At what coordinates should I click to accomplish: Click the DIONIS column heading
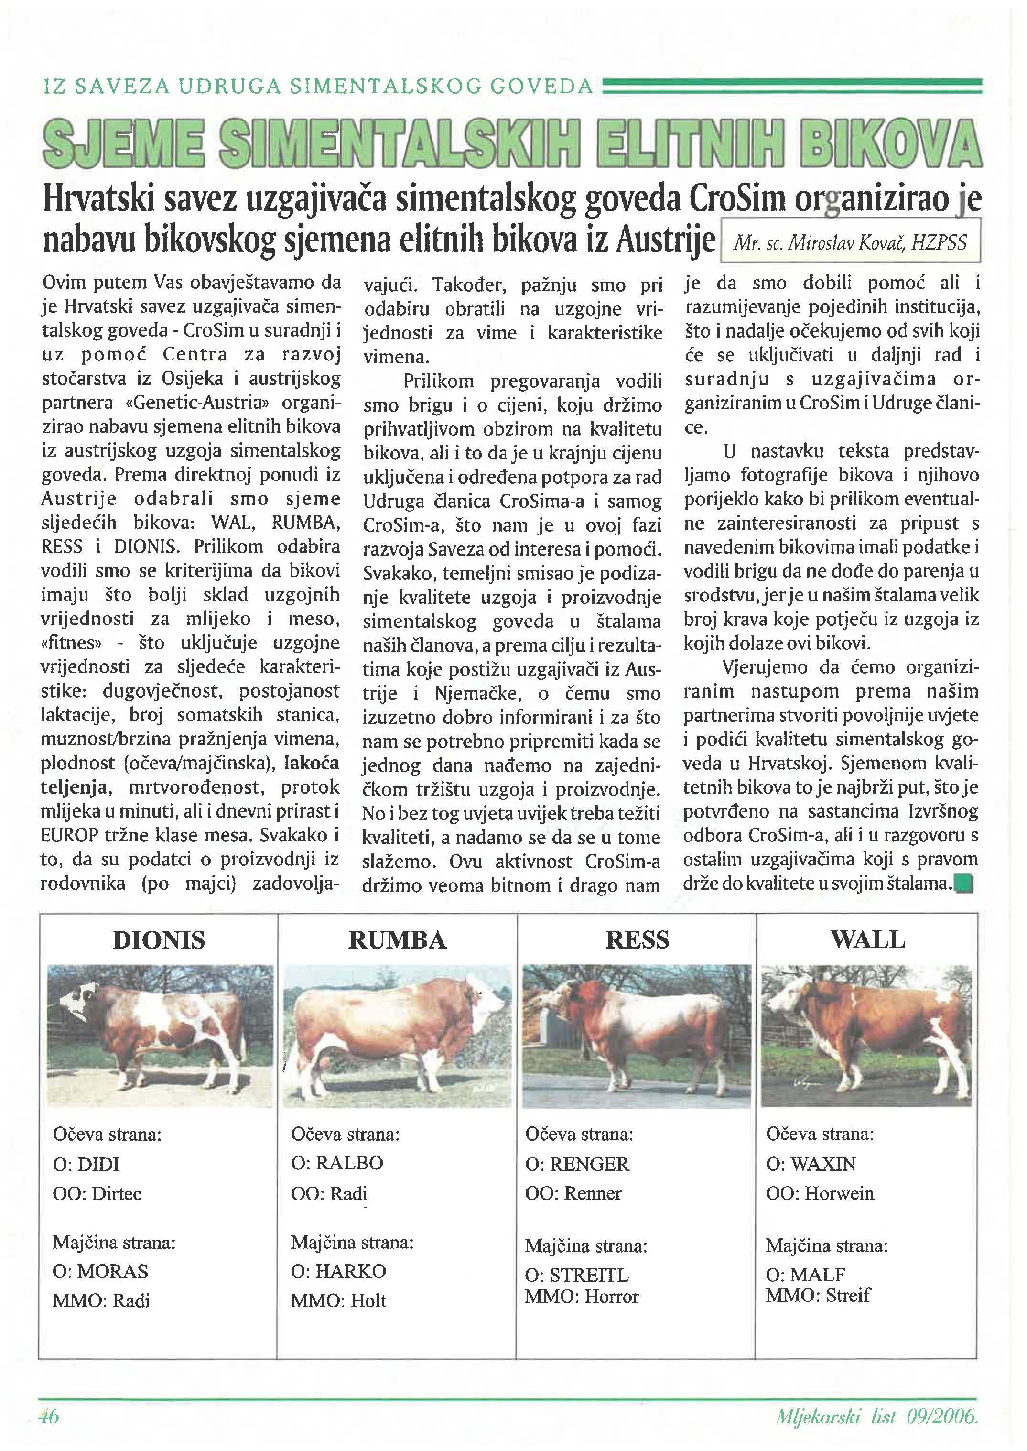point(159,940)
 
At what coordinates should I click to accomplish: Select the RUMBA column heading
point(397,940)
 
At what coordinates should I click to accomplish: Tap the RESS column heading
point(637,940)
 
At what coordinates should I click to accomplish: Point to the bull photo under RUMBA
point(397,1036)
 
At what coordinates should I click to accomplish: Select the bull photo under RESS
point(637,1036)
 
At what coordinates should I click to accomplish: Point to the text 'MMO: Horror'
point(582,1296)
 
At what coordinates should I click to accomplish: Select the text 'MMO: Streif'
point(818,1295)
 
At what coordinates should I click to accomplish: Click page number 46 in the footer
point(48,1416)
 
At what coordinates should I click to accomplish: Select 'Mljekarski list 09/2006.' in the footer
point(876,1416)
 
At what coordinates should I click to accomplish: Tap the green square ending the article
point(965,883)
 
